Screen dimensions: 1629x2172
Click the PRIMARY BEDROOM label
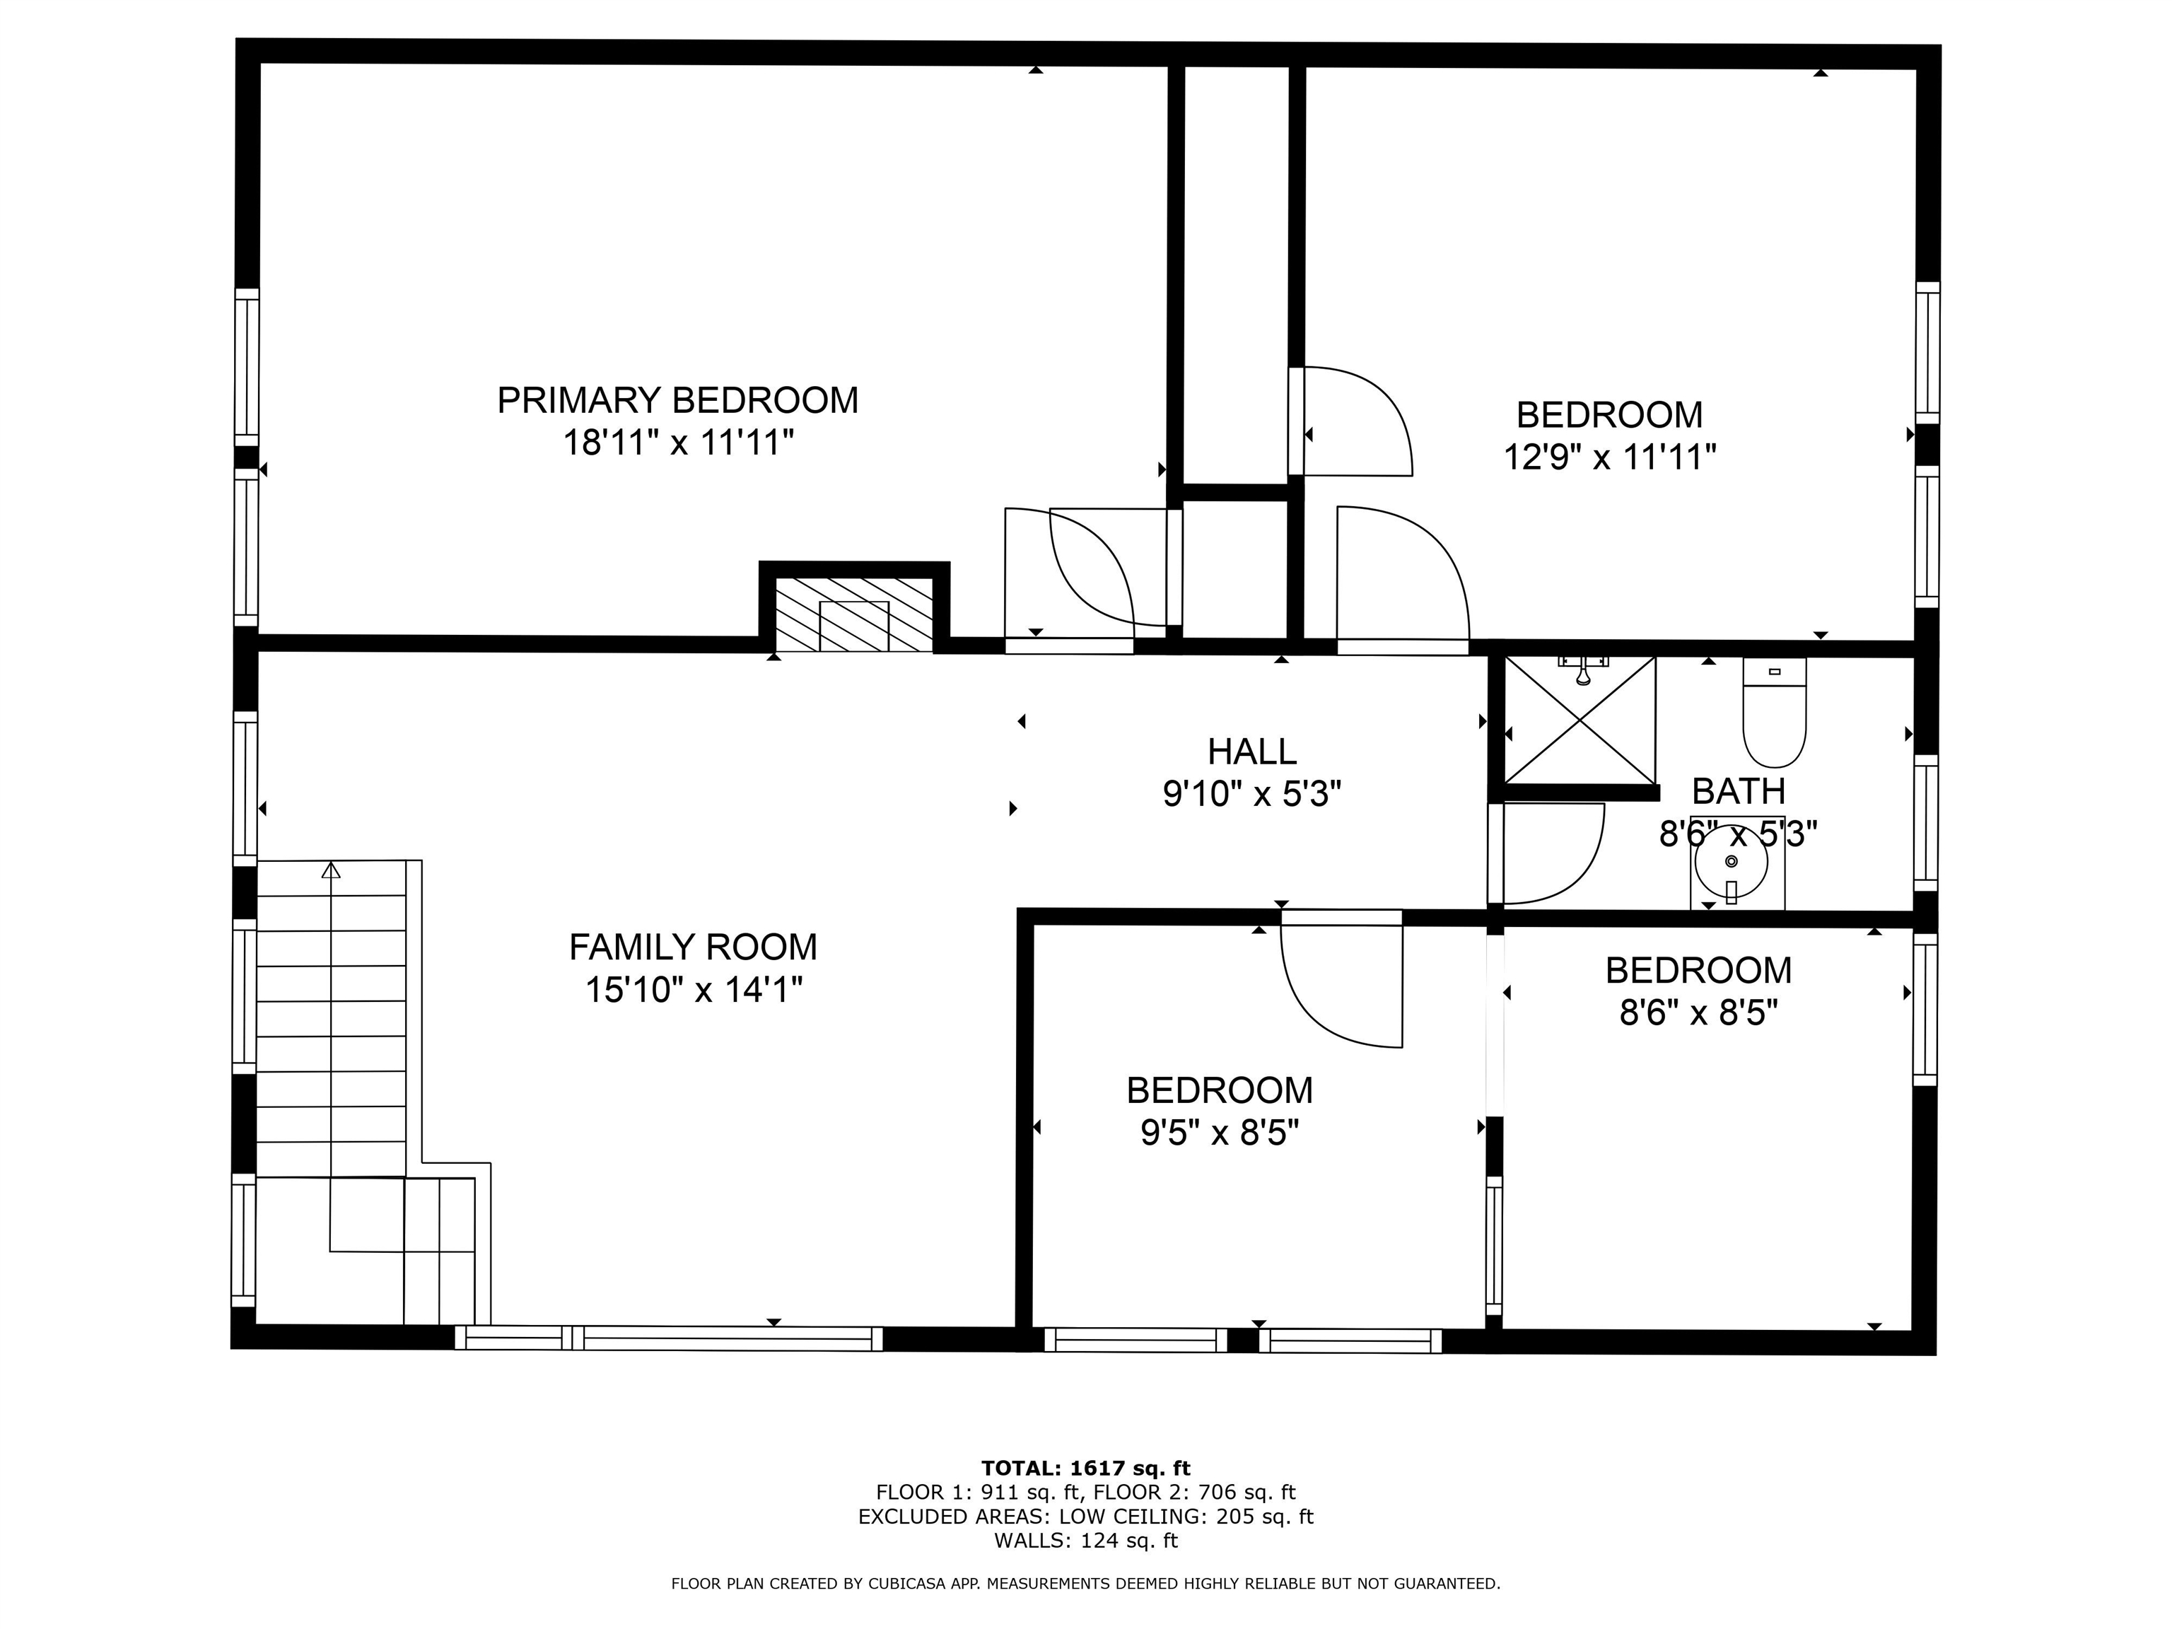click(x=677, y=401)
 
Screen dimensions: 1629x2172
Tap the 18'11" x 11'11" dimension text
click(x=677, y=443)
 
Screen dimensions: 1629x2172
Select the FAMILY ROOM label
click(x=692, y=947)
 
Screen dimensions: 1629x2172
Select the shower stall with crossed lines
click(x=1580, y=720)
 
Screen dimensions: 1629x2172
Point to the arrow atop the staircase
click(x=331, y=870)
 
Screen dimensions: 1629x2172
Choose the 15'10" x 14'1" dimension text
click(x=693, y=990)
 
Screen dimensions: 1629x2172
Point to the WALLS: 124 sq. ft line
click(x=1085, y=1541)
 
